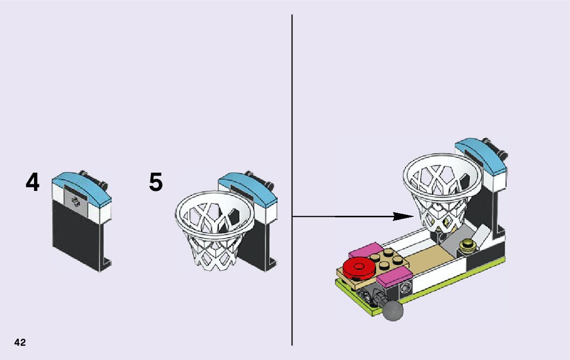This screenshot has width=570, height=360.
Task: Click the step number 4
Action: (32, 183)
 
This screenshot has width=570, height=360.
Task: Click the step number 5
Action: (156, 182)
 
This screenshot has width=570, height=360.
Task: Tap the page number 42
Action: (20, 342)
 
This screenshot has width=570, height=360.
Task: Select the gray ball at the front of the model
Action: (393, 310)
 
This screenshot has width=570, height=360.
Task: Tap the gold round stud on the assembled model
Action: (467, 247)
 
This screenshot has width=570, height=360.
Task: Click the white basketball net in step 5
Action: (213, 228)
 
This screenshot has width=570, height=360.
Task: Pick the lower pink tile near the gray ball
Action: (393, 279)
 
